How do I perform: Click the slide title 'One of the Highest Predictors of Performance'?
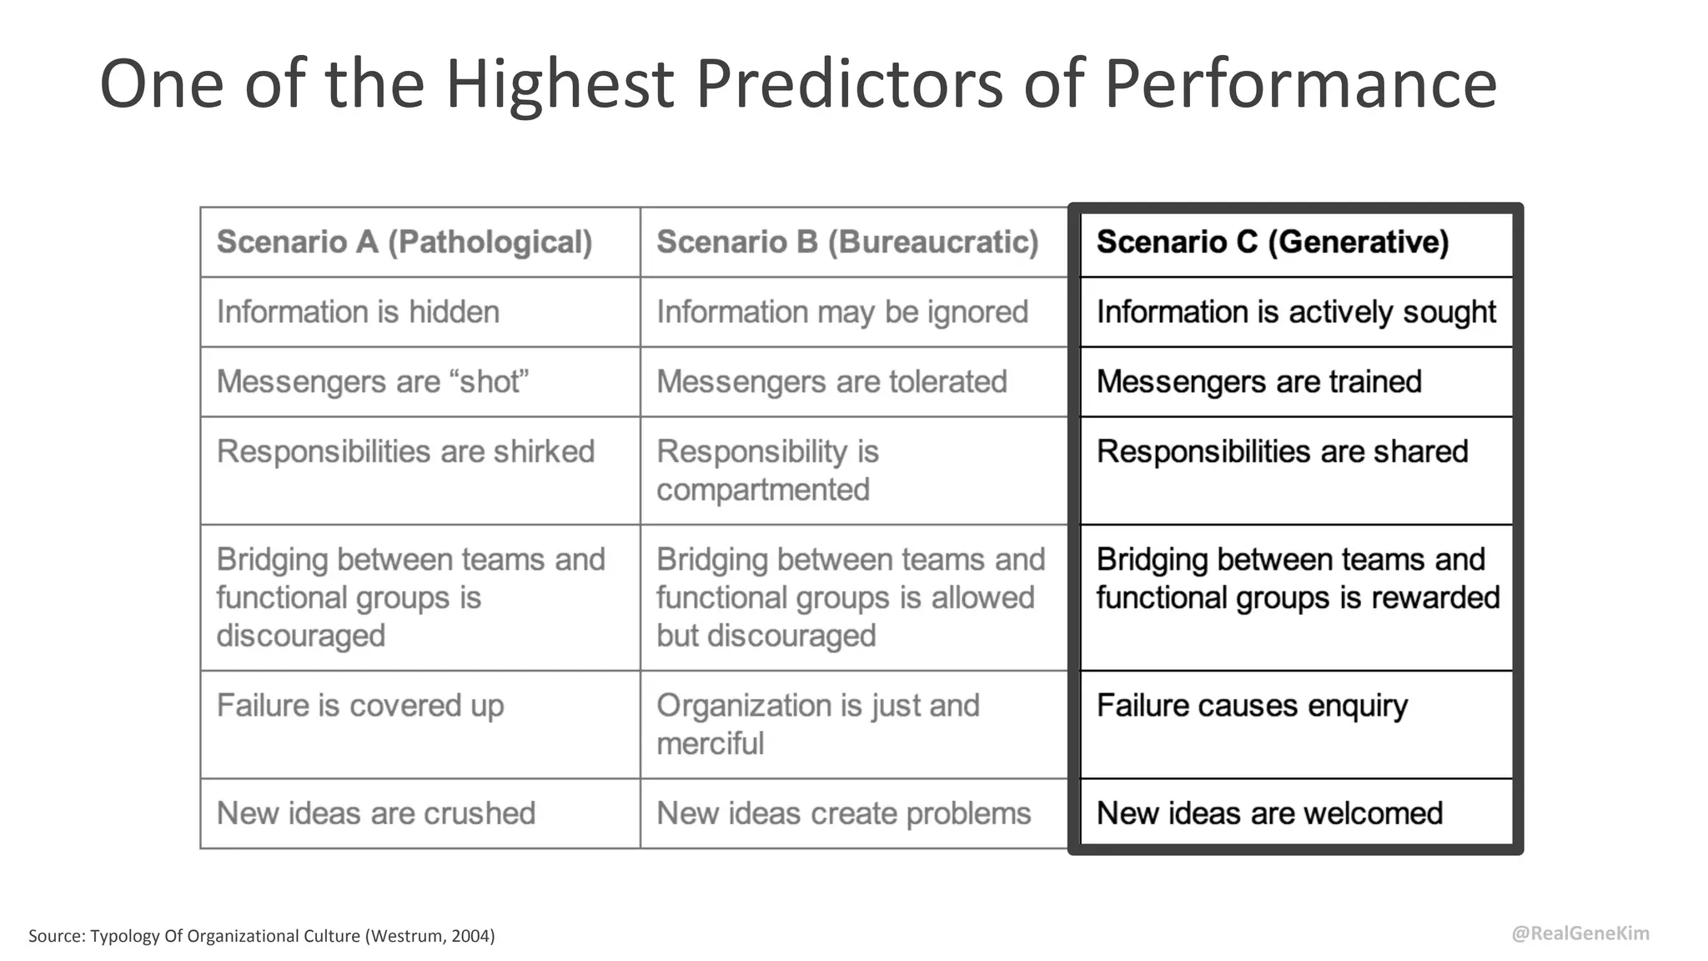[797, 83]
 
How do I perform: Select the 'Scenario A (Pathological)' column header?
[404, 242]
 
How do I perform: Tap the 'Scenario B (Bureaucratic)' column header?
[847, 242]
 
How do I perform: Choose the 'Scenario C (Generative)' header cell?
[1273, 242]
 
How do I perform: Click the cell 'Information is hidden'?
[358, 312]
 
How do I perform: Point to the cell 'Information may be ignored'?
[842, 312]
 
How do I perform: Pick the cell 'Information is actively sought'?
[1296, 312]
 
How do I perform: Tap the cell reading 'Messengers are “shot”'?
[373, 382]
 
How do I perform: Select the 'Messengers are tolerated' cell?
[831, 382]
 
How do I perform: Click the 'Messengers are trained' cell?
[1258, 382]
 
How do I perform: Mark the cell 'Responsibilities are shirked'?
[405, 452]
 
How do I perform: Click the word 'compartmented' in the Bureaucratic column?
[763, 490]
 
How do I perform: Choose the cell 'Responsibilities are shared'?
[1282, 452]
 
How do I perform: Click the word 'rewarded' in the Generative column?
[1435, 598]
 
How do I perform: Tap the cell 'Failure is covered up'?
[360, 706]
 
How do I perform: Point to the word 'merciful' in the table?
[710, 743]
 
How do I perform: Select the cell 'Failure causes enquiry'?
[1252, 706]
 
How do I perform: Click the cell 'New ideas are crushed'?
[376, 813]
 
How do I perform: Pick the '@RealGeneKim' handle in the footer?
[1580, 933]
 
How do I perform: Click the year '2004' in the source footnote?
[470, 936]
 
